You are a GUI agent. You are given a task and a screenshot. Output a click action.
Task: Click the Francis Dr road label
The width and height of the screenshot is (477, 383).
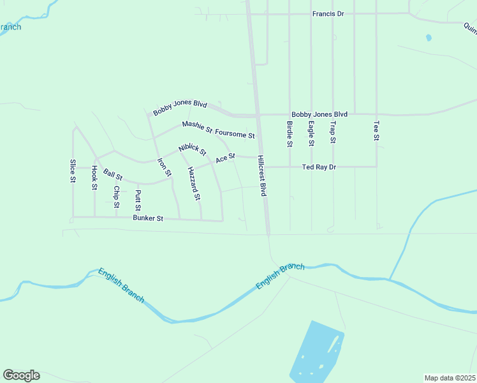328,13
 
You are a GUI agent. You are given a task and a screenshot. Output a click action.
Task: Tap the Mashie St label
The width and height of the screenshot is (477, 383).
196,126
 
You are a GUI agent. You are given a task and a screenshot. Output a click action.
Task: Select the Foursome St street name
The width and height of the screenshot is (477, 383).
235,135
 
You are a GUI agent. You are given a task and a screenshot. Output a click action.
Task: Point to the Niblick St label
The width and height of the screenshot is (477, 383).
193,149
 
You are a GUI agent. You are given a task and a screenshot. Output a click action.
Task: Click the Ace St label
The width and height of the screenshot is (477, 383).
225,157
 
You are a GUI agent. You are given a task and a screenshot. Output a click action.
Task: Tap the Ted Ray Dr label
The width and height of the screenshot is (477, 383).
318,167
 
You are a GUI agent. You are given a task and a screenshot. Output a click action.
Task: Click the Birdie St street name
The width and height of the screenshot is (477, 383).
289,134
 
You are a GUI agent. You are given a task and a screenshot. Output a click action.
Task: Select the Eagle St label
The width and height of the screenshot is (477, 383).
311,133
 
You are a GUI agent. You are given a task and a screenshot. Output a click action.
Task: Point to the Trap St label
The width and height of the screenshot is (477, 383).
332,131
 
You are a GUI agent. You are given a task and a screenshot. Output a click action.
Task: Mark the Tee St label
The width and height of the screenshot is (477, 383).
376,131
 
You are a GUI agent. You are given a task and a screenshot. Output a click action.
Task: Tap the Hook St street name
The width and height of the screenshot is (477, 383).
94,177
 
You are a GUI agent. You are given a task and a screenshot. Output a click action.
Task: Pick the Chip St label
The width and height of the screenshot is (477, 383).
116,197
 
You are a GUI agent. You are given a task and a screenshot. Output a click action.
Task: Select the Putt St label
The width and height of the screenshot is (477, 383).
138,200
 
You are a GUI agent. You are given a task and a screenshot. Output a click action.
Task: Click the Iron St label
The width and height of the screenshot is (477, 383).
165,168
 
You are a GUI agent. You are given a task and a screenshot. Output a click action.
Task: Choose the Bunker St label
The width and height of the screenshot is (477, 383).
148,218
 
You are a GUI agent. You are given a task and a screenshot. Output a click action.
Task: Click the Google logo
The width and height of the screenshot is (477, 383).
21,375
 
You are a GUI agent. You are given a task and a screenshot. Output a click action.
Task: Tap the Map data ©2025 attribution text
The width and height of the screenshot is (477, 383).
450,377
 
